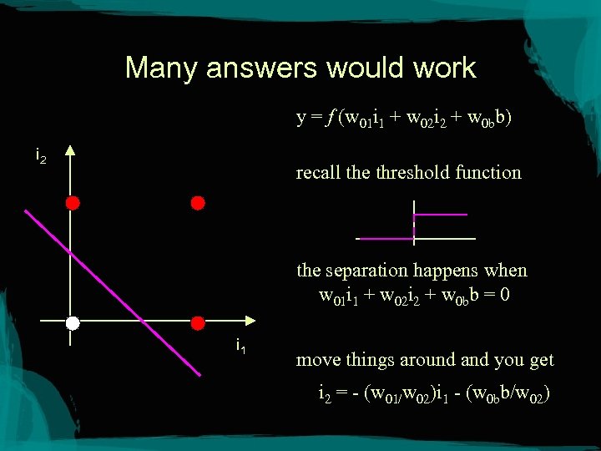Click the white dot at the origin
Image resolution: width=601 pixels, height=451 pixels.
click(73, 322)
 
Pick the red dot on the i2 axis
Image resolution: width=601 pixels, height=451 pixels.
click(73, 203)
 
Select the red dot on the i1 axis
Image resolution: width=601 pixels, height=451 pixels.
click(198, 322)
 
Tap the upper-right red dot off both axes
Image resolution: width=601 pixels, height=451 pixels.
click(198, 203)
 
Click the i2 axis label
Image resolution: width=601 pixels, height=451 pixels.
click(41, 155)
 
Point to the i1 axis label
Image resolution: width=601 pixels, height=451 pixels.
click(240, 345)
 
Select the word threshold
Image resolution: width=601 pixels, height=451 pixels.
click(414, 173)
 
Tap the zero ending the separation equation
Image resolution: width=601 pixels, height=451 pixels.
click(506, 295)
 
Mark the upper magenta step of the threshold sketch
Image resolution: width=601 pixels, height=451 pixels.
click(441, 215)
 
